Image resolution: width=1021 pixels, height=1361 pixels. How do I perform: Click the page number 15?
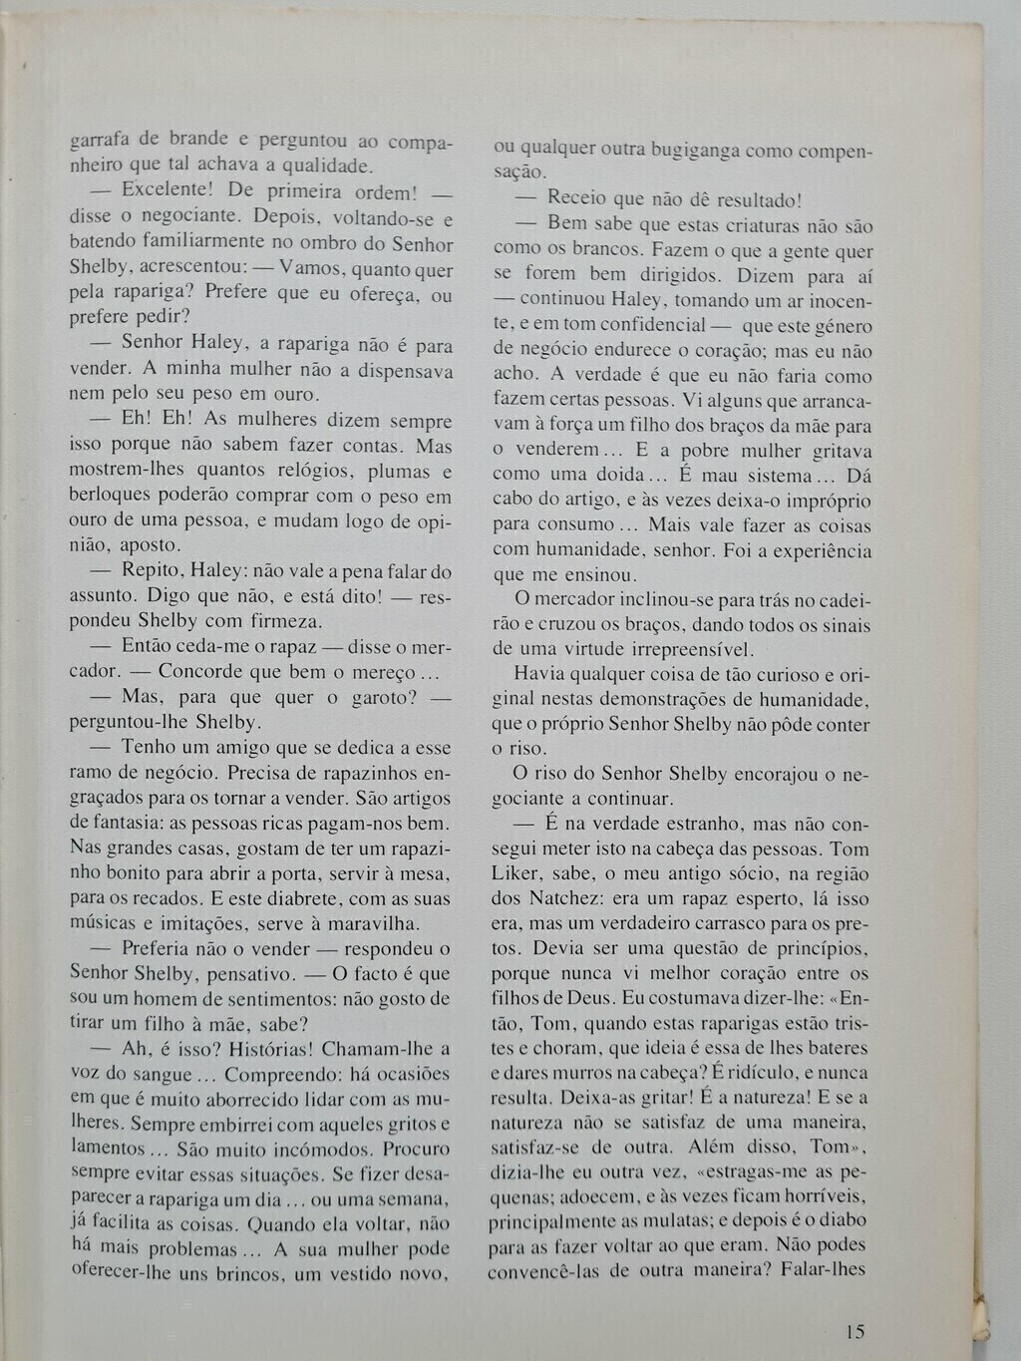(x=854, y=1331)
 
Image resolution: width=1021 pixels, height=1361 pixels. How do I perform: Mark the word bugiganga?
(x=695, y=150)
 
